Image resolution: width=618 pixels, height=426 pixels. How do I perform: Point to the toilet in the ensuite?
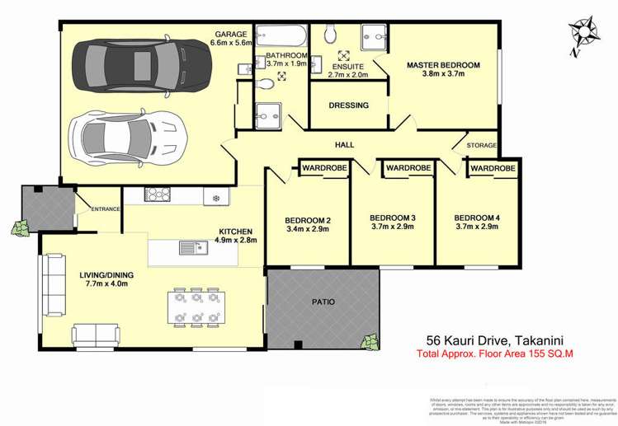[331, 33]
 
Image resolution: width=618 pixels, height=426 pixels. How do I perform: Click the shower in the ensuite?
[374, 36]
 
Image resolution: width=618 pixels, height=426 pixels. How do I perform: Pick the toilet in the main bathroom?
[267, 82]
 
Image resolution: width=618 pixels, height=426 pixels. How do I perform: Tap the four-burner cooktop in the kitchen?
[157, 195]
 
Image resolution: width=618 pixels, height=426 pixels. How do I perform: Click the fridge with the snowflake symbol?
[217, 198]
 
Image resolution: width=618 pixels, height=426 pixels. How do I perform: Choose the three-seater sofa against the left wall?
[55, 284]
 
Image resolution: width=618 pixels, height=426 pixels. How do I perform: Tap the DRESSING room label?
[348, 105]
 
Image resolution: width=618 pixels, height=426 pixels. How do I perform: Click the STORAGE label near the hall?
[481, 146]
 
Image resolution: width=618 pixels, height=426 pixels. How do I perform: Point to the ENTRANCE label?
[106, 209]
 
